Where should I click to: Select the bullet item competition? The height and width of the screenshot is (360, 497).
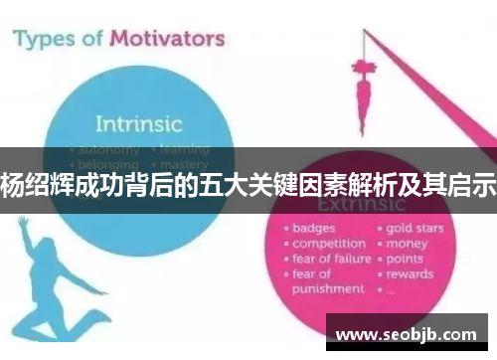(x=328, y=243)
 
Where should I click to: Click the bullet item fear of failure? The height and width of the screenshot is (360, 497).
(x=332, y=259)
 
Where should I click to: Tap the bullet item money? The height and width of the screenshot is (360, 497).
(x=408, y=243)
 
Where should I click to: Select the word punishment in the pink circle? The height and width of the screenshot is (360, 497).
(x=329, y=288)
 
